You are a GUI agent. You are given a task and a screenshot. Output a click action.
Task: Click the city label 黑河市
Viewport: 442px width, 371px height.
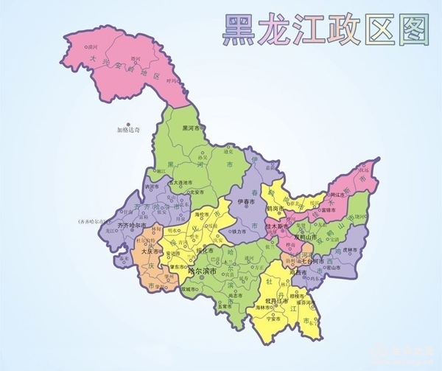[192, 128]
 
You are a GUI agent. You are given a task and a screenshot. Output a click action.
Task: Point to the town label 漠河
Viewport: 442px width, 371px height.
[92, 46]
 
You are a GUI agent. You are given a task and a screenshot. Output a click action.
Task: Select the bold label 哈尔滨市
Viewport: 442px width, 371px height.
[202, 271]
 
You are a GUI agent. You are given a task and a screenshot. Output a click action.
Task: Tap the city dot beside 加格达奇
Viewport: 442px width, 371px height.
[127, 124]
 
